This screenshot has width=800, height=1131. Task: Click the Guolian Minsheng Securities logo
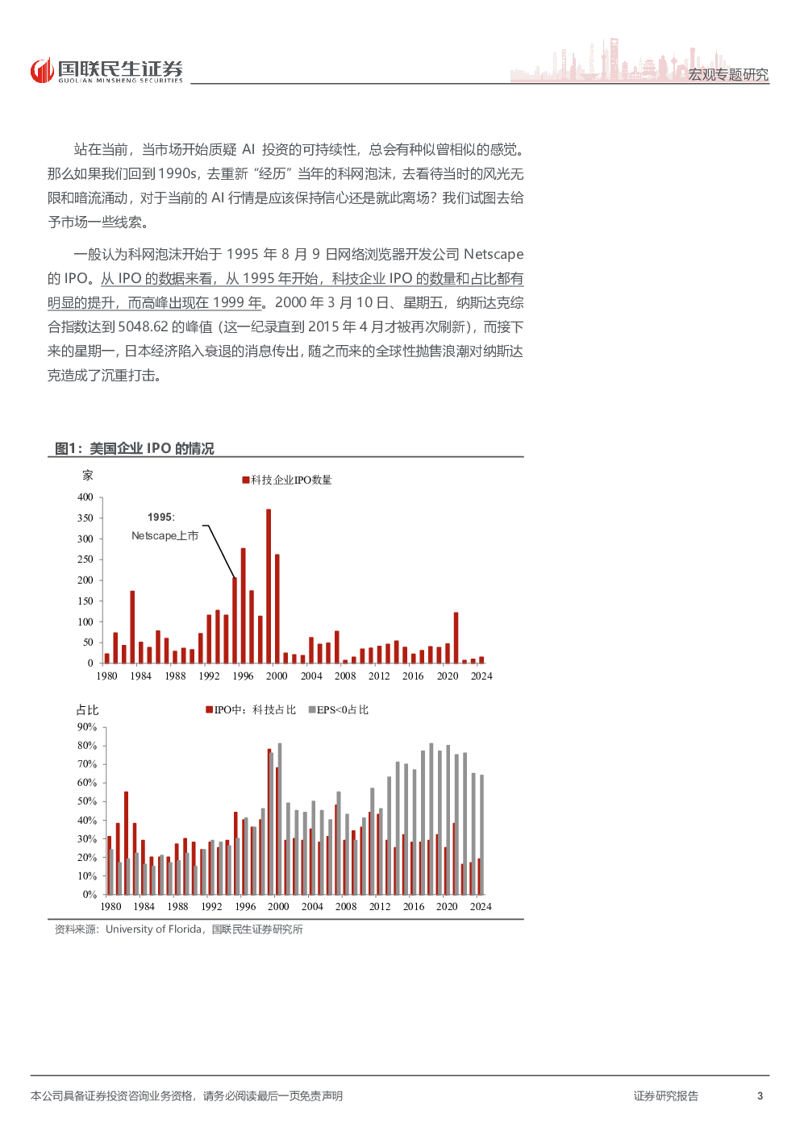(106, 71)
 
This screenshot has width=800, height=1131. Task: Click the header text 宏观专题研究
(727, 74)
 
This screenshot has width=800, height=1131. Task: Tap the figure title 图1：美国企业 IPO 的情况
(135, 448)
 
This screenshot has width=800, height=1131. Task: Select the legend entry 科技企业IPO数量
(287, 480)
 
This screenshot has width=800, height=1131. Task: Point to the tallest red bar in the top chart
(269, 585)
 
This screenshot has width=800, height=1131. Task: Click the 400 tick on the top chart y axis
(85, 497)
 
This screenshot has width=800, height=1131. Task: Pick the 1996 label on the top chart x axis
(243, 676)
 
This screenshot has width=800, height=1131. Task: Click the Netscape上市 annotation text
(165, 536)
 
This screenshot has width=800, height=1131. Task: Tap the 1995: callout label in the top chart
(160, 518)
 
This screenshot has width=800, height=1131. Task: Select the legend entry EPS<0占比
(339, 710)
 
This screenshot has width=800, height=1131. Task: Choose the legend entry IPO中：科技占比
(251, 710)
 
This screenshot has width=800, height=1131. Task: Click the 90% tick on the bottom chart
(87, 727)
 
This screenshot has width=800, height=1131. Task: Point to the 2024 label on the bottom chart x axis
(481, 907)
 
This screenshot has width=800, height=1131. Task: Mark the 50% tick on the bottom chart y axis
(87, 801)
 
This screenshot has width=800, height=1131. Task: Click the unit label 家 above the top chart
(88, 476)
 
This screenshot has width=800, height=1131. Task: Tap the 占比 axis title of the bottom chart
(87, 710)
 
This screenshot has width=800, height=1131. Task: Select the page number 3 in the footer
(760, 1096)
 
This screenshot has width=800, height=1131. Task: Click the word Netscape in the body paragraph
(494, 255)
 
